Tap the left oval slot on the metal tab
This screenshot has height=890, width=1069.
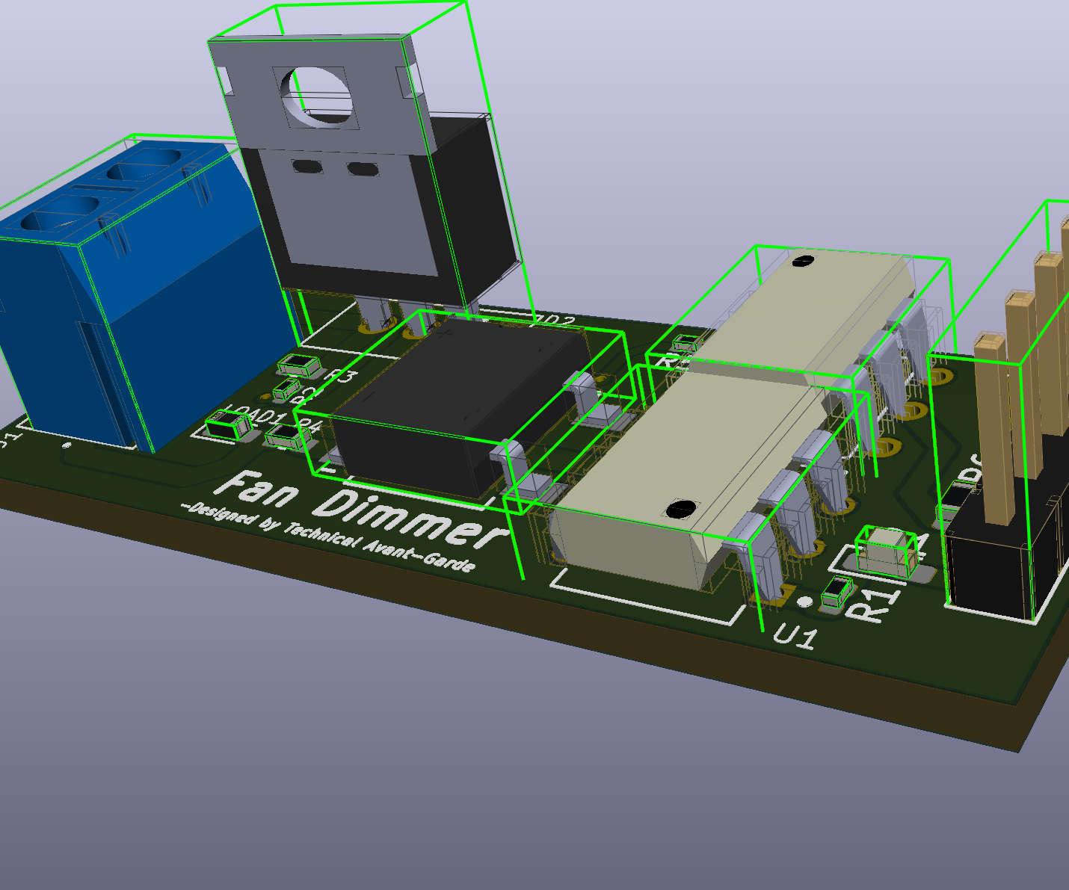[305, 166]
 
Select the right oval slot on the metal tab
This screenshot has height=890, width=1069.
[361, 169]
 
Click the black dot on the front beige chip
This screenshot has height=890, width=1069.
[679, 510]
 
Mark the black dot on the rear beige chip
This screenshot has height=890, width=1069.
[802, 261]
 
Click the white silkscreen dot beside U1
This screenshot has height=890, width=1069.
[804, 602]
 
